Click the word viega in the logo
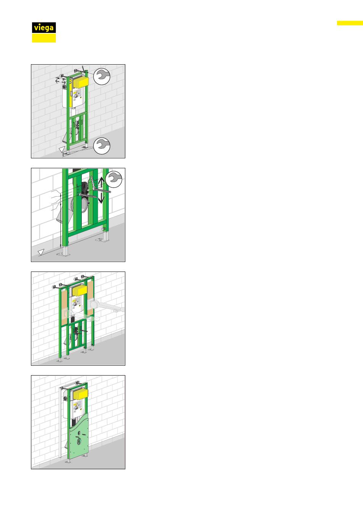tap(44, 28)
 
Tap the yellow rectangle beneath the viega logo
tap(44, 38)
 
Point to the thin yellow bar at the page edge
tap(350, 23)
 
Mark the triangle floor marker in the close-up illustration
tap(41, 252)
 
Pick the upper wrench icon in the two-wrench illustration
tap(102, 76)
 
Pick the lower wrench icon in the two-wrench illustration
tap(102, 146)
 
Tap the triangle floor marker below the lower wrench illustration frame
tap(62, 150)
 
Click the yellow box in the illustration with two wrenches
tap(80, 82)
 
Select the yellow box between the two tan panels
tap(80, 291)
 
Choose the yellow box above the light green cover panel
tap(80, 394)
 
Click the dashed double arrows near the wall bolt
tap(60, 81)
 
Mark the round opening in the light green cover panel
tap(79, 441)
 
